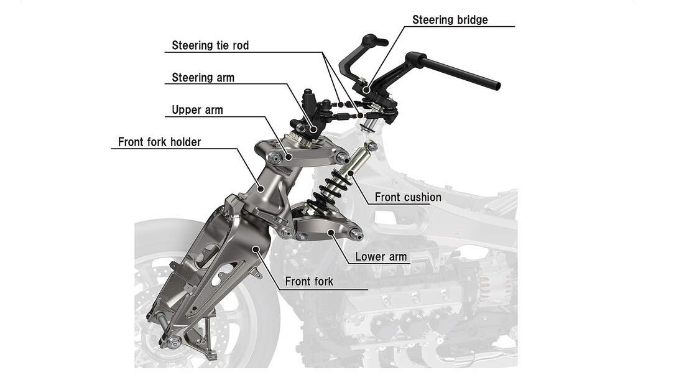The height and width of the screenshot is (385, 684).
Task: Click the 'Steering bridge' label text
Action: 450,20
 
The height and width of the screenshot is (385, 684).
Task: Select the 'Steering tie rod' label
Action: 210,45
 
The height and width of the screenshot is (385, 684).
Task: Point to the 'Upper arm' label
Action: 197,110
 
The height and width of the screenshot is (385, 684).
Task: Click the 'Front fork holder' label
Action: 159,142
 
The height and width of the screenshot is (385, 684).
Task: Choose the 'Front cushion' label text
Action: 407,197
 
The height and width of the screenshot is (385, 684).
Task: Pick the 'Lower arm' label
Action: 381,256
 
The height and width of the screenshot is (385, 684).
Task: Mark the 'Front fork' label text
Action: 308,282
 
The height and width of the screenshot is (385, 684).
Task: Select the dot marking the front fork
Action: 256,249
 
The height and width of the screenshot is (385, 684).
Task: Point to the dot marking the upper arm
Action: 289,156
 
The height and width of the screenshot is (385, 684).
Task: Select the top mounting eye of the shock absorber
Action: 372,146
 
